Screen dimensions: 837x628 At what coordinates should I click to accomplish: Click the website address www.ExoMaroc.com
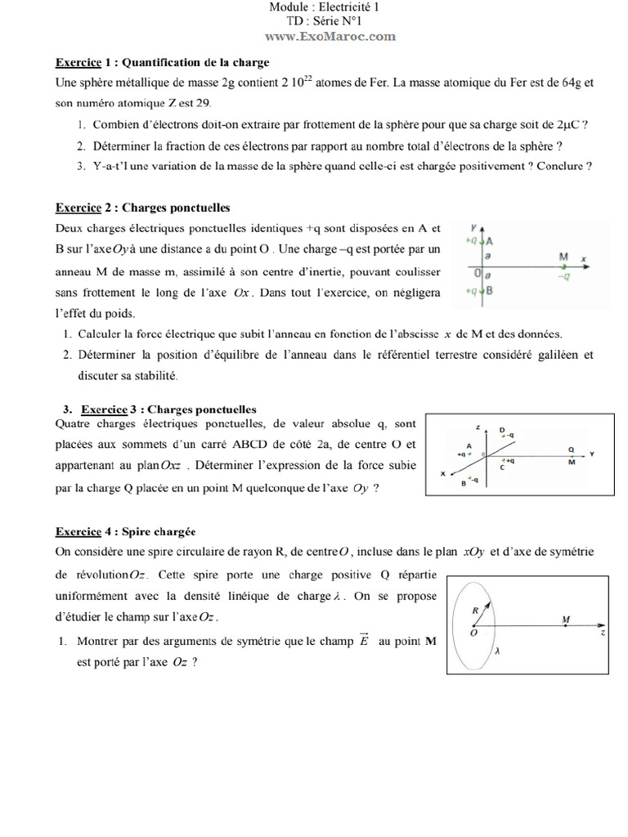coord(330,36)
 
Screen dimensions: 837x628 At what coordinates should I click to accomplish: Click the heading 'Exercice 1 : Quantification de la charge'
coord(162,62)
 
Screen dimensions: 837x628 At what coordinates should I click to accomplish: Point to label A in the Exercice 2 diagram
coord(489,241)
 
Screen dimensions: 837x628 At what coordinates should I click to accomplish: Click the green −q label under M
coord(563,276)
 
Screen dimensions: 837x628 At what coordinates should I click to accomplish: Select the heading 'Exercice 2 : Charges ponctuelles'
coord(142,208)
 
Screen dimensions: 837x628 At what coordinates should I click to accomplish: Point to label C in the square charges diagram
coord(502,467)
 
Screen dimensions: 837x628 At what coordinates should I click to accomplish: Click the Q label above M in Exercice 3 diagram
coord(571,449)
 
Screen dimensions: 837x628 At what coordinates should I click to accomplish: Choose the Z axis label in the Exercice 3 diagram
coord(477,427)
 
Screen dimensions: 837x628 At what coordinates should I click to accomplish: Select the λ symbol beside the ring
coord(496,651)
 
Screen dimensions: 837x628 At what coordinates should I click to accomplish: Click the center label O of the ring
coord(474,633)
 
